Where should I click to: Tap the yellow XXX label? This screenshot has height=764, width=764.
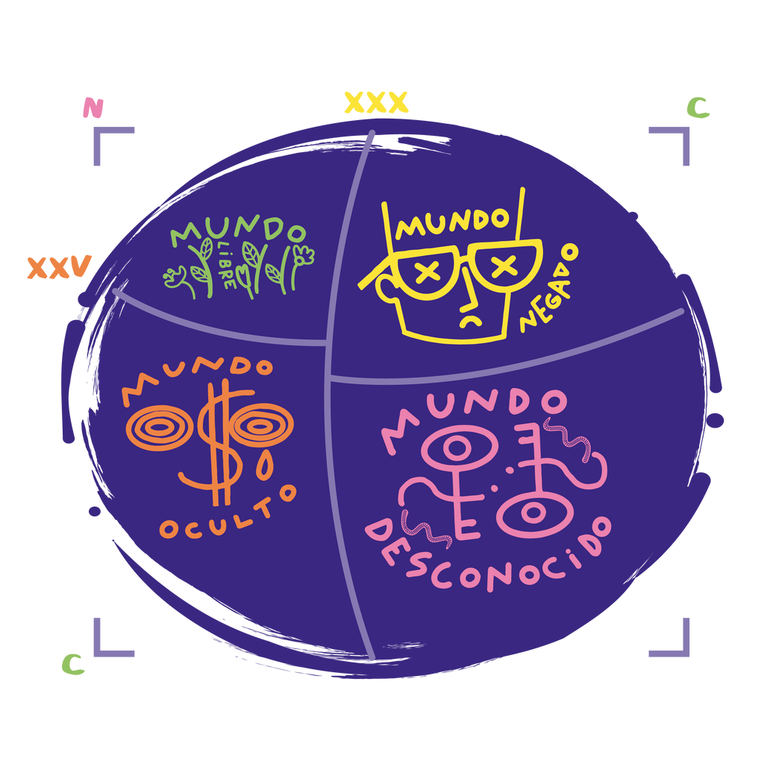coord(376,102)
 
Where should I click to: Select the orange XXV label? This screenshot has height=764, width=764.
coord(58,267)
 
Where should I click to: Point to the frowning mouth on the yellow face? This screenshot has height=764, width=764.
coord(470,321)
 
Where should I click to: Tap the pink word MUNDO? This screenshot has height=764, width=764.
coord(475,413)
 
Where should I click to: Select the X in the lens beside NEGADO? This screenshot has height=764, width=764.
coord(504,265)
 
